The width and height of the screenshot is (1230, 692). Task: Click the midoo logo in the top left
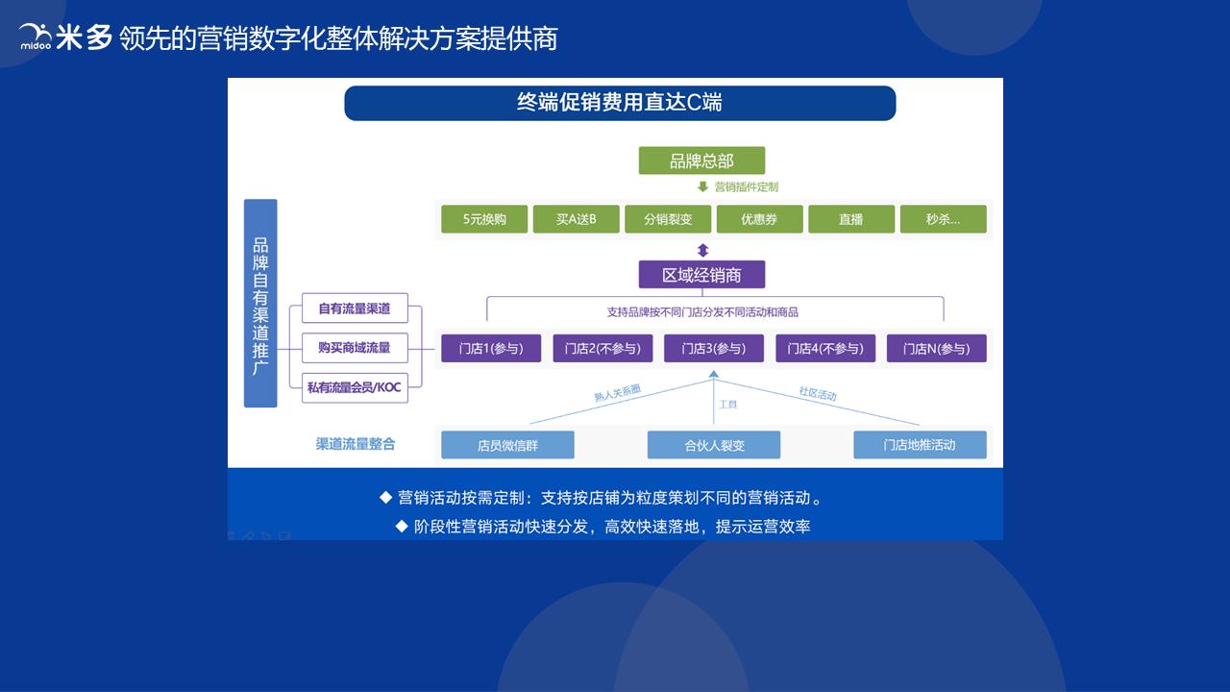[36, 37]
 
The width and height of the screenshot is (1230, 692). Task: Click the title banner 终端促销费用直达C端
[620, 103]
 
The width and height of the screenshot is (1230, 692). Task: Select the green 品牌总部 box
[701, 161]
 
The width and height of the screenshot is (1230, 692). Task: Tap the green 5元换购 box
[484, 219]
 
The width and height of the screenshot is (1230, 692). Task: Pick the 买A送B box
[576, 219]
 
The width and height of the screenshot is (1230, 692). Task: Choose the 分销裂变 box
[668, 219]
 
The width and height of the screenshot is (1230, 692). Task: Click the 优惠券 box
[759, 219]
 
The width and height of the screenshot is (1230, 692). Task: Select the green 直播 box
[850, 219]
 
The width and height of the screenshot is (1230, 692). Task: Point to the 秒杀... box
[943, 219]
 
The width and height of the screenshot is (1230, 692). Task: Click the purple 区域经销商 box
[701, 275]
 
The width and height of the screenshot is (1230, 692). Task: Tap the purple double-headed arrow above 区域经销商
[702, 250]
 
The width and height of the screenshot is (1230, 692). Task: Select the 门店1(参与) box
[491, 348]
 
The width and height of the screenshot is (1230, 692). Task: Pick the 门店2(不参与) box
[603, 348]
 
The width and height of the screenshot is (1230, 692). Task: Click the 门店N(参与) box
[936, 348]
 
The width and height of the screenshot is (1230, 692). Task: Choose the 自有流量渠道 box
[355, 309]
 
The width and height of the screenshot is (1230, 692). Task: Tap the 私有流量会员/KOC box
[355, 387]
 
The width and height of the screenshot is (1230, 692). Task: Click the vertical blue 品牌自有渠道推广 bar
[260, 303]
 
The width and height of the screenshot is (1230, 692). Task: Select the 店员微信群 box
[507, 445]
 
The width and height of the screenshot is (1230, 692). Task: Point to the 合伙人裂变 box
[714, 445]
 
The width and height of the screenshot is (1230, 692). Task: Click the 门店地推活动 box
[920, 445]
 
